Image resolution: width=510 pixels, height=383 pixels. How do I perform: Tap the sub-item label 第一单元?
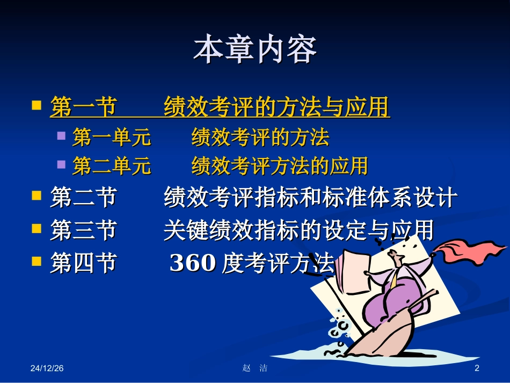112,138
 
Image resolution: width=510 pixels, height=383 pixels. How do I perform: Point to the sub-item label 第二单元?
112,166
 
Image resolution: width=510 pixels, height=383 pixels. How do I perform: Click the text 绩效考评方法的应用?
279,166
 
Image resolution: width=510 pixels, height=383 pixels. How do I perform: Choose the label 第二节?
83,198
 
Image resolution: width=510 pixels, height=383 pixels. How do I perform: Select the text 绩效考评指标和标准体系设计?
310,198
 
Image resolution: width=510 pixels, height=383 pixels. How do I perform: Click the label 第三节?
83,231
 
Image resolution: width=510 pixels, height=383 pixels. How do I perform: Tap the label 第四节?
83,264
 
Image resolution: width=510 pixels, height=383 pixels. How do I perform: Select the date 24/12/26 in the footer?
47,368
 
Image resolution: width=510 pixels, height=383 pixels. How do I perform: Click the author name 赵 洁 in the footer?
255,368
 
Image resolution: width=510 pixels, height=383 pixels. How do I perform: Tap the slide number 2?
476,368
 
